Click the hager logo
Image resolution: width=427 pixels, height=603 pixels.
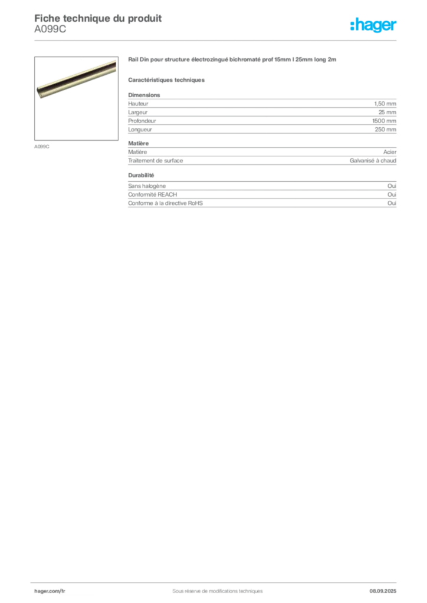[373, 25]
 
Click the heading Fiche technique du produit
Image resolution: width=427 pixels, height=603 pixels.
[98, 18]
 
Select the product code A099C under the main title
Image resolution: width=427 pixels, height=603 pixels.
[50, 29]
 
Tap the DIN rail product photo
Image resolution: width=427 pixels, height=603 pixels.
[76, 98]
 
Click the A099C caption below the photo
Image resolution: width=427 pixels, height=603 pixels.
[42, 147]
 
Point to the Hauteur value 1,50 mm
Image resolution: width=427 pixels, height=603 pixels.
[385, 104]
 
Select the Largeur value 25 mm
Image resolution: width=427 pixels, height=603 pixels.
[387, 112]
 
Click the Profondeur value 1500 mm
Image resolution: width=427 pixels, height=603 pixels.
[384, 121]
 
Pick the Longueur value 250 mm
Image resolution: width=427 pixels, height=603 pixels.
[385, 130]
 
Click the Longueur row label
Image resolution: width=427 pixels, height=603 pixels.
[140, 130]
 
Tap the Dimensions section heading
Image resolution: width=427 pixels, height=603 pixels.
[144, 95]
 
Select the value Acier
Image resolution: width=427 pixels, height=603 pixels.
[390, 152]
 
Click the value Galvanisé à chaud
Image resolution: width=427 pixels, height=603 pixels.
[373, 161]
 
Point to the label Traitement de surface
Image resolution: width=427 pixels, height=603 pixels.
[156, 161]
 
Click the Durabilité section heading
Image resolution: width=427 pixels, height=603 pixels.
[141, 175]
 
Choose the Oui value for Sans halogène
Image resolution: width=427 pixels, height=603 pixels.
[392, 185]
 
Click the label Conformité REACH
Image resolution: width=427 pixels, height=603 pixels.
[153, 194]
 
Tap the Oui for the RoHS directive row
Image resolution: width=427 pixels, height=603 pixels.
[392, 203]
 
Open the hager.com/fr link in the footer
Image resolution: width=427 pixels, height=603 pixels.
[50, 591]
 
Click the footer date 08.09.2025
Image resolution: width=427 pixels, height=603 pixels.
[383, 591]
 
